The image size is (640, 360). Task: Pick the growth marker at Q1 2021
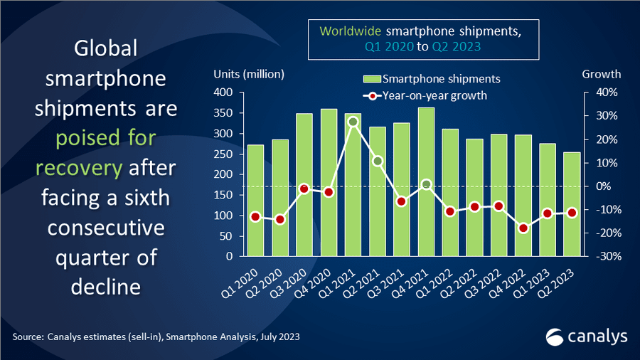(353, 122)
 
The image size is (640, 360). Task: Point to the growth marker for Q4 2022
(523, 228)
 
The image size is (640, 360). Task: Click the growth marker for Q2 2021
(378, 161)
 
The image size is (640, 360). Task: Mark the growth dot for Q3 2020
(304, 189)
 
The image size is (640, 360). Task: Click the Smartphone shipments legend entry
(432, 78)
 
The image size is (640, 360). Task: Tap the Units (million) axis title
(249, 74)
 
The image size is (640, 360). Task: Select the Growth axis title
(602, 74)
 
